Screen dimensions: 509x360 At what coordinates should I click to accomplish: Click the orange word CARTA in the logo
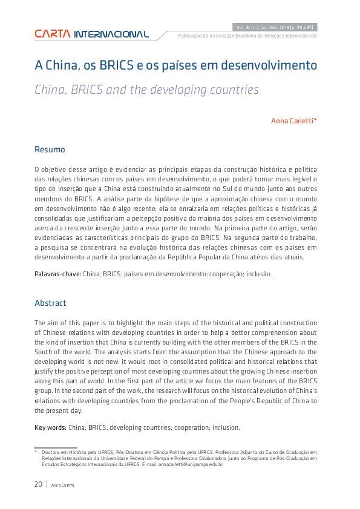53,34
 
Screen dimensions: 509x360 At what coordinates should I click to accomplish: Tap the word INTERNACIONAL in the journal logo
111,34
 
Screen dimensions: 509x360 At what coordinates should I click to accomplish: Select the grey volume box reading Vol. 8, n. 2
275,27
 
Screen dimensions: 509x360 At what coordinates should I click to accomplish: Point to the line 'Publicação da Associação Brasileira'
247,36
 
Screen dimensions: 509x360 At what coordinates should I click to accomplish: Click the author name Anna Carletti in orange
293,121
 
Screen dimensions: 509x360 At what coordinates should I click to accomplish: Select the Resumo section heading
50,149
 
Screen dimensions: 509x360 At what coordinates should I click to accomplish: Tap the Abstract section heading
50,303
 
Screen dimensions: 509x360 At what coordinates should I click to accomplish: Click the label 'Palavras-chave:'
57,274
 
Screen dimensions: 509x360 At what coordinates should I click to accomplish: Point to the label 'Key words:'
51,427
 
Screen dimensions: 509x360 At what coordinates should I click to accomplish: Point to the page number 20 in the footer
38,484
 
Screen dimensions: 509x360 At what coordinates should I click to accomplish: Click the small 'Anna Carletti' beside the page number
63,485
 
